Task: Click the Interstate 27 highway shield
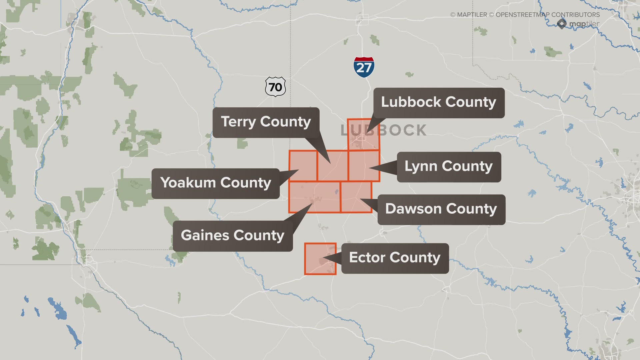point(364,67)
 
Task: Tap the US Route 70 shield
point(275,87)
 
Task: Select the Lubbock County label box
point(439,102)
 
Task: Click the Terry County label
point(266,122)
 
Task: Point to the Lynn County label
point(449,167)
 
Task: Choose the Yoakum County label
point(215,183)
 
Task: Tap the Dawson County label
point(441,209)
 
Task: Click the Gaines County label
point(232,236)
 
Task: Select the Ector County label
point(395,258)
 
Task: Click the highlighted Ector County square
point(320,259)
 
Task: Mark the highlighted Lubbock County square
point(363,134)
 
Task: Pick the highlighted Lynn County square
point(364,166)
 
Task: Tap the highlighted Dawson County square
point(356,197)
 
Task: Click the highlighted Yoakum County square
point(303,166)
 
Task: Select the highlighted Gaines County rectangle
point(314,197)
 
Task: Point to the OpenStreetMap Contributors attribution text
point(547,15)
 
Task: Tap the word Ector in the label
point(367,258)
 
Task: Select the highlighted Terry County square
point(332,166)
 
